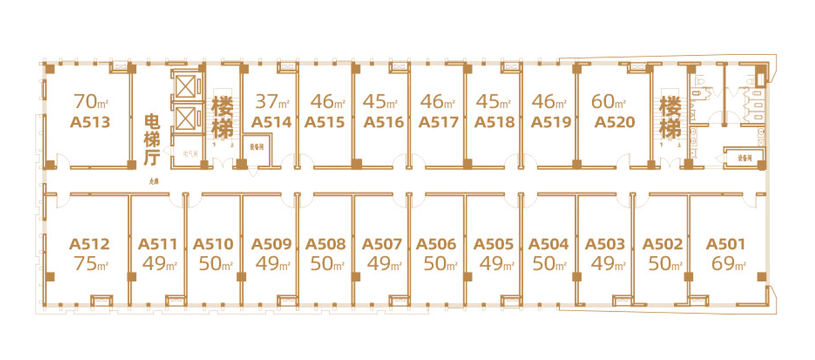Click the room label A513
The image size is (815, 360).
click(90, 123)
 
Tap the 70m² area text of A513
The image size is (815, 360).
click(91, 102)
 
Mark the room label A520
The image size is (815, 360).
click(614, 123)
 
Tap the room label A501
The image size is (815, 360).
click(725, 244)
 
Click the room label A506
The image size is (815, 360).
click(436, 244)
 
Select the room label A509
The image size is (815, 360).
click(271, 244)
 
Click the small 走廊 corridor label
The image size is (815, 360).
click(154, 181)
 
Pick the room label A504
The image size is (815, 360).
click(549, 244)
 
